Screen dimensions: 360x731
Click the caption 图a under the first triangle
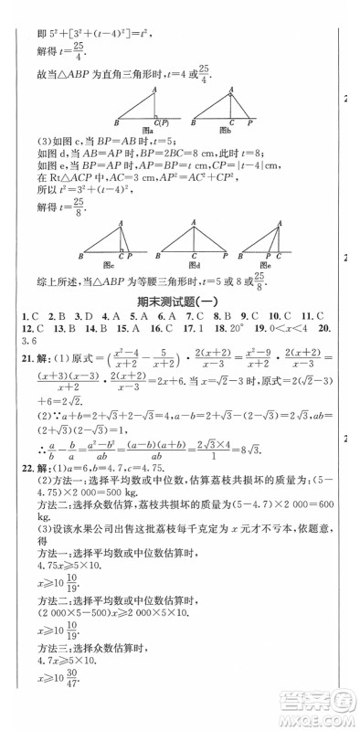(x=152, y=131)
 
